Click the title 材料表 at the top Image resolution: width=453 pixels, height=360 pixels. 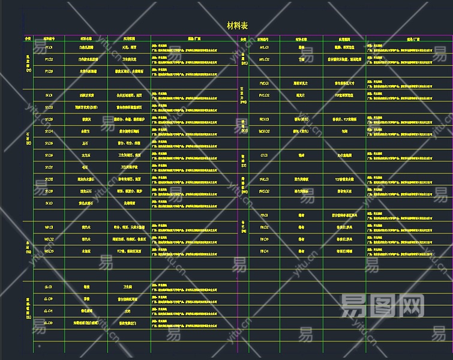(238, 25)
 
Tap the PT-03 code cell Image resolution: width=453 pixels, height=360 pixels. (49, 71)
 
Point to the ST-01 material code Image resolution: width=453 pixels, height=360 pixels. (49, 95)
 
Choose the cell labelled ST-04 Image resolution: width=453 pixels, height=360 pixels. (49, 131)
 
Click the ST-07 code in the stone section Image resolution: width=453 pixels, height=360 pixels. (49, 167)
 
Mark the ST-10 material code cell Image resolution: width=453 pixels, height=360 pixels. (49, 203)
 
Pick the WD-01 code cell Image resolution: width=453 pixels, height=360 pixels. (49, 227)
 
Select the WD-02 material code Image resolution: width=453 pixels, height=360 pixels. (49, 239)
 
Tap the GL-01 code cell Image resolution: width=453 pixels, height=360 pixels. (49, 287)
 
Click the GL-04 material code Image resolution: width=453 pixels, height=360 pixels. (49, 311)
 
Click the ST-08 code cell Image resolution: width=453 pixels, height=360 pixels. (49, 179)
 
